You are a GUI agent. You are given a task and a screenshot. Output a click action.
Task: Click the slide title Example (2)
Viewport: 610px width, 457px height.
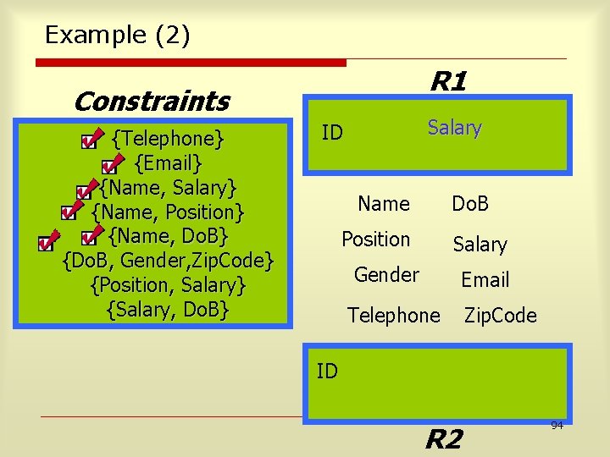pyautogui.click(x=117, y=35)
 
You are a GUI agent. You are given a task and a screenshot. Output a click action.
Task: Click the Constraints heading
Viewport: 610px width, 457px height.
pyautogui.click(x=151, y=102)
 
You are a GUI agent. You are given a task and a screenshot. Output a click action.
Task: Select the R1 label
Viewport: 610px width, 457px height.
pyautogui.click(x=448, y=82)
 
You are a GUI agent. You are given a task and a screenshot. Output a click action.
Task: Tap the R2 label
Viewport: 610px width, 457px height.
pyautogui.click(x=443, y=439)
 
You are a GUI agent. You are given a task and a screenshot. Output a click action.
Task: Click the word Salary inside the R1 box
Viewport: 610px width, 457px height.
pyautogui.click(x=454, y=128)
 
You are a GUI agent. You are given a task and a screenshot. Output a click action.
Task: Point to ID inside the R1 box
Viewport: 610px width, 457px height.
pyautogui.click(x=332, y=132)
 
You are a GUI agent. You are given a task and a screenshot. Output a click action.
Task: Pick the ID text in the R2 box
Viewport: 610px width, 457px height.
pyautogui.click(x=327, y=370)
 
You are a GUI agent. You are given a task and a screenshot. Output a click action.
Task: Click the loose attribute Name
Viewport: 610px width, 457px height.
pyautogui.click(x=384, y=204)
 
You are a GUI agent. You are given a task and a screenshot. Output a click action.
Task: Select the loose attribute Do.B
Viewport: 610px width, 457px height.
pyautogui.click(x=470, y=204)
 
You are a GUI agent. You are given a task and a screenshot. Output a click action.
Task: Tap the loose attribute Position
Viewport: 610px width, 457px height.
pyautogui.click(x=375, y=240)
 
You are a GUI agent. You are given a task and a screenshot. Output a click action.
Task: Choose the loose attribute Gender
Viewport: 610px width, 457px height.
pyautogui.click(x=386, y=275)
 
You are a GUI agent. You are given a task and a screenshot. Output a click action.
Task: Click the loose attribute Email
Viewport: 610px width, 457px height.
pyautogui.click(x=485, y=279)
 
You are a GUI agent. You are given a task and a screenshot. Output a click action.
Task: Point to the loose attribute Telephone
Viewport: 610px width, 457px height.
pyautogui.click(x=394, y=316)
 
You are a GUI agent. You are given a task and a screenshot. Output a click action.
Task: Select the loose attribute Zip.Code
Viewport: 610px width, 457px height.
pyautogui.click(x=500, y=316)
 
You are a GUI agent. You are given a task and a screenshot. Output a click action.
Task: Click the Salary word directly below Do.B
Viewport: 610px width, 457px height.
pyautogui.click(x=480, y=245)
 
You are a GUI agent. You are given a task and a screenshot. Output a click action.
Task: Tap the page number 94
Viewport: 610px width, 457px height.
pyautogui.click(x=557, y=425)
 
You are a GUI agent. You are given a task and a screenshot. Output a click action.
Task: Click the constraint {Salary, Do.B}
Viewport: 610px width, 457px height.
pyautogui.click(x=168, y=310)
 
